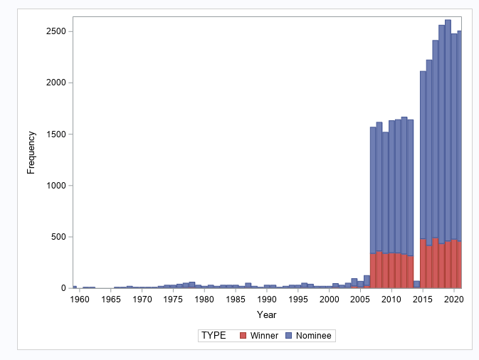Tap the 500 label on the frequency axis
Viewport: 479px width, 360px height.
[58, 237]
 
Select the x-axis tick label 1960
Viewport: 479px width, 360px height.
[80, 300]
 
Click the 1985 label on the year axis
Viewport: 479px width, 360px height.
[236, 300]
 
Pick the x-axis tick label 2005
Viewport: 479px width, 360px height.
[360, 300]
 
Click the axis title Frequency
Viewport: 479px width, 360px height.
[31, 152]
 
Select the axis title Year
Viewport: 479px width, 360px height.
[267, 314]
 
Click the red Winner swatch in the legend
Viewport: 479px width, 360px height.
[243, 335]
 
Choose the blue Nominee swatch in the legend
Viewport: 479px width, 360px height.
[288, 335]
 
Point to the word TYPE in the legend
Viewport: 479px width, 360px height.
[214, 335]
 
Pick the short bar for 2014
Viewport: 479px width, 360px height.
[416, 284]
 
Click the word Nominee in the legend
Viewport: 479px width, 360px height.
[314, 335]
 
